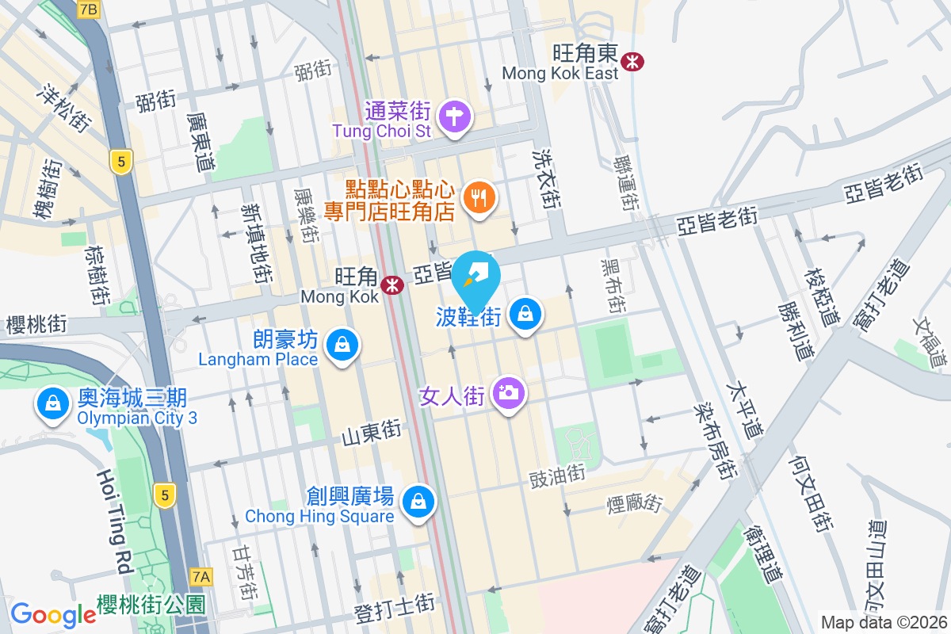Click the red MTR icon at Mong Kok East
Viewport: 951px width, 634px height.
click(x=632, y=60)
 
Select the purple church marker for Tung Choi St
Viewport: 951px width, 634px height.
click(x=456, y=117)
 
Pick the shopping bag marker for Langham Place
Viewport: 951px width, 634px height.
click(x=342, y=345)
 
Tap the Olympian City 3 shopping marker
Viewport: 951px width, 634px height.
click(x=52, y=403)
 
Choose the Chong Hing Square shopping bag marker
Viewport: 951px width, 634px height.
click(x=418, y=501)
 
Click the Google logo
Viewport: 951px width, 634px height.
click(x=53, y=614)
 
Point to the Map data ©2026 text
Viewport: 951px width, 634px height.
click(x=884, y=623)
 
